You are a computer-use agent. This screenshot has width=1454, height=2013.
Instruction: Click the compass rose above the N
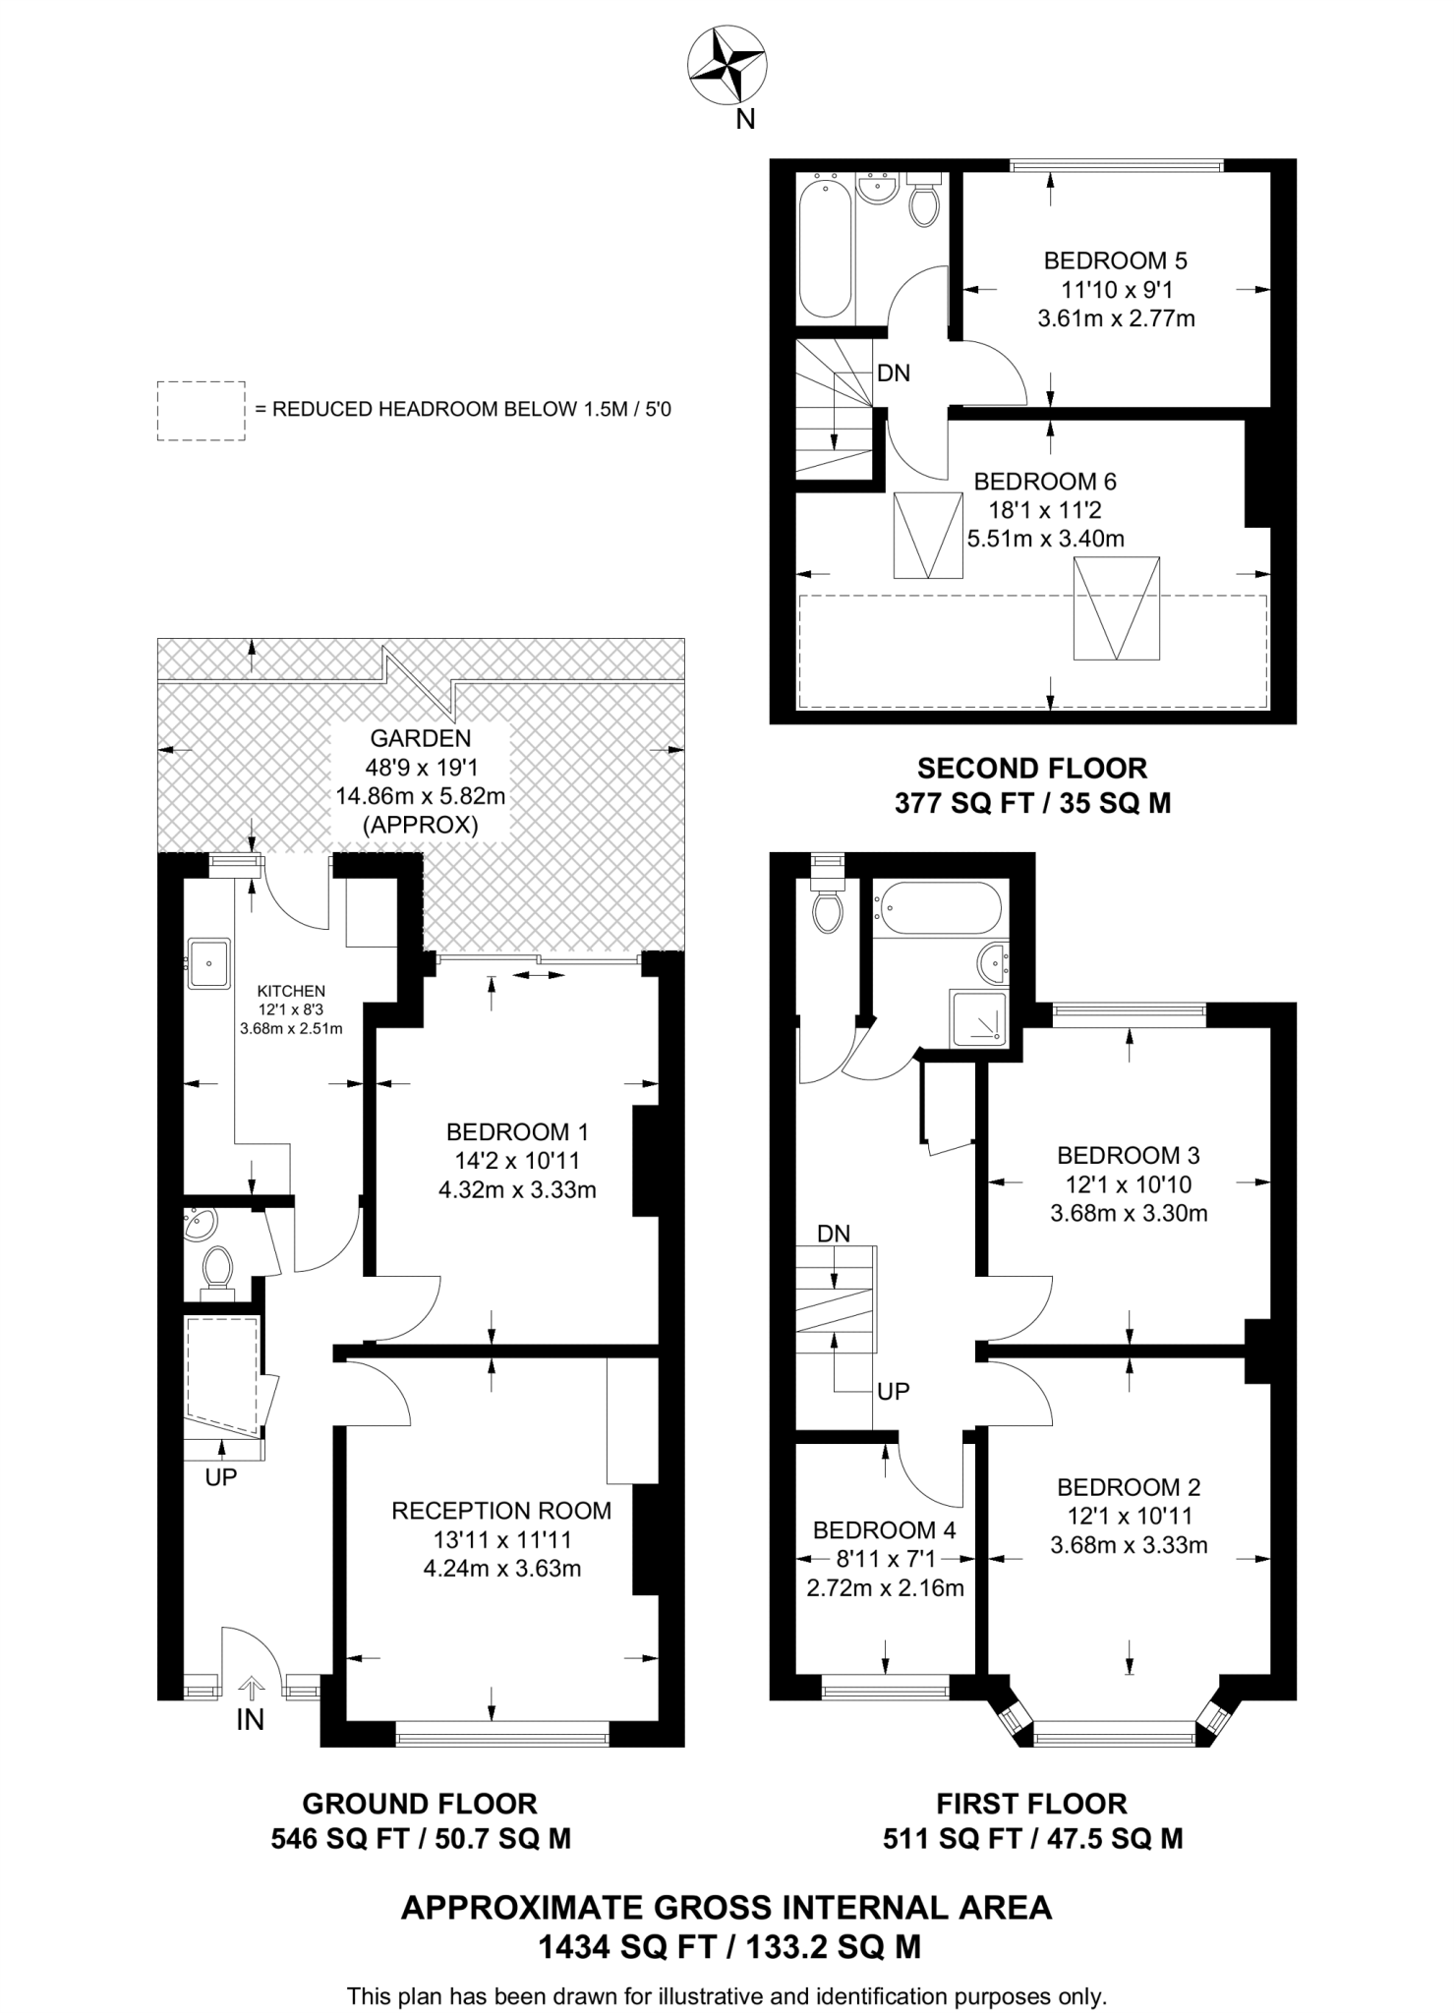[727, 66]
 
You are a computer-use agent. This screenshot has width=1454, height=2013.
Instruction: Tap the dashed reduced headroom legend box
[201, 410]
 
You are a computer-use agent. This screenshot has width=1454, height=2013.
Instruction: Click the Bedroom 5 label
[1115, 260]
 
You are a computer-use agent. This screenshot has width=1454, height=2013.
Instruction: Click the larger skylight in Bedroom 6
[1116, 607]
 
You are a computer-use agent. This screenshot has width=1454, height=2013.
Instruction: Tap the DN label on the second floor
[893, 374]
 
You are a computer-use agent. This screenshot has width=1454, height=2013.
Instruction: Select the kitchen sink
[208, 962]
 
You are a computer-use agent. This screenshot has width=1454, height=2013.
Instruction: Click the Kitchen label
[291, 991]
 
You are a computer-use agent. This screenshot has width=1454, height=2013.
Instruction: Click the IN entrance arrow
[252, 1689]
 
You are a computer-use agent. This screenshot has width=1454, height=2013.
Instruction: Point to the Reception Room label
[501, 1511]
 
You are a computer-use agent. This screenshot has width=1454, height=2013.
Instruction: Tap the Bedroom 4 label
[884, 1530]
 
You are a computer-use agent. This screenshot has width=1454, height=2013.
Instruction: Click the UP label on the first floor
[893, 1391]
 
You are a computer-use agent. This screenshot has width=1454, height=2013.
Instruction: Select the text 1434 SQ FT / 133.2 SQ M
[728, 1947]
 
